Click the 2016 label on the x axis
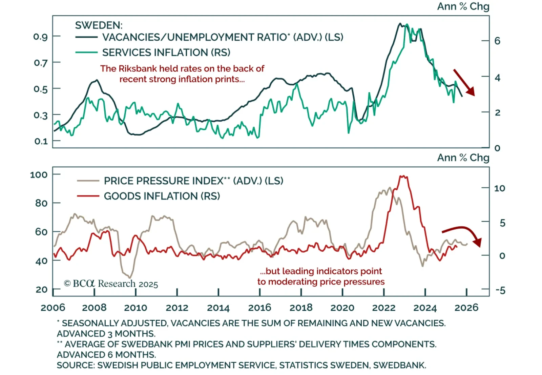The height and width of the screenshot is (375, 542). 259,308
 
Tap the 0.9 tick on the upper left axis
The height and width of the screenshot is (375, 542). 41,37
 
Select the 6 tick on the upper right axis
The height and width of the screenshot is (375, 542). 497,41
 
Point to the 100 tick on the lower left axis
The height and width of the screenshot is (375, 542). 39,175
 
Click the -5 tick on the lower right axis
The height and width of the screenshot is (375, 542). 500,290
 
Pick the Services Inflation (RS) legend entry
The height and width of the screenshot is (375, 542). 166,53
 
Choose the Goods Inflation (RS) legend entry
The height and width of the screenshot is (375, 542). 162,196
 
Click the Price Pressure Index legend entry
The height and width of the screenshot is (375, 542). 193,181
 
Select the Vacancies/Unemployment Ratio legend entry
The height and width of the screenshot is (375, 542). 223,37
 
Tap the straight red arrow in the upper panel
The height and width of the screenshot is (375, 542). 464,82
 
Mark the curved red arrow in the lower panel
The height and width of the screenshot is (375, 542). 462,234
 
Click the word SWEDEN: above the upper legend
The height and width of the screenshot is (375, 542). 99,25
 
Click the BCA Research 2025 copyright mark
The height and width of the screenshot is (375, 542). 111,284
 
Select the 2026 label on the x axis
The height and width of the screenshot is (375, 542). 466,308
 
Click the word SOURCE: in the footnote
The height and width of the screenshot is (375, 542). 76,366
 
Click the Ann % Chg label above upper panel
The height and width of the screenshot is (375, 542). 463,6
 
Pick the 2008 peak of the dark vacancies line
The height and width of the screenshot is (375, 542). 97,80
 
